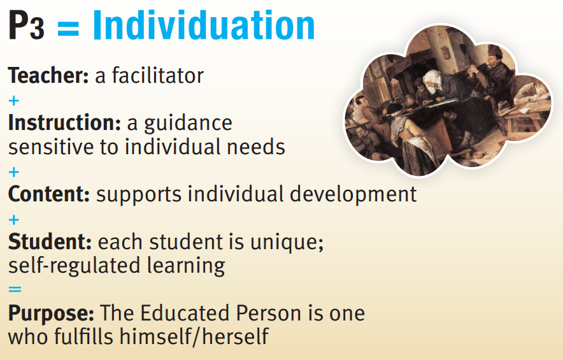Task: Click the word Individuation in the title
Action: (x=204, y=25)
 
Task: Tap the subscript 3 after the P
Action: (x=38, y=29)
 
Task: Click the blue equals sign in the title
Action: (x=68, y=29)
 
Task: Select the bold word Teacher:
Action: (x=48, y=75)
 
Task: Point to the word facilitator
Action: (x=157, y=75)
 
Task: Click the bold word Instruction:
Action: (x=64, y=122)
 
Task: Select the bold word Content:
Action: (x=49, y=194)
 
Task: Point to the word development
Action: (x=353, y=195)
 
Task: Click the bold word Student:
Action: (x=50, y=241)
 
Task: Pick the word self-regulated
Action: (x=75, y=266)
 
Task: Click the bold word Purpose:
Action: (x=51, y=313)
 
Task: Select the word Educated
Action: (x=185, y=313)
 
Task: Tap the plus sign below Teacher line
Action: (x=13, y=101)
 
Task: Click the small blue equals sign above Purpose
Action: (x=15, y=289)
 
